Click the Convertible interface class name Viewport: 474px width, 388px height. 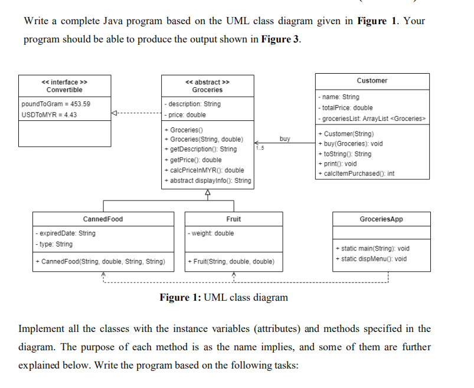[64, 90]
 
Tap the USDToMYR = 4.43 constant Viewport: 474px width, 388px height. [48, 114]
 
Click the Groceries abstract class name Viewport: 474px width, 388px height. [207, 90]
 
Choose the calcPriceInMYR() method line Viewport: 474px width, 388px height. [204, 170]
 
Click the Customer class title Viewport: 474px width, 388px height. [372, 80]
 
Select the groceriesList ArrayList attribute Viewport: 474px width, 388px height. [372, 119]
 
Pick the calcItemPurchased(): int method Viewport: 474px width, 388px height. [355, 173]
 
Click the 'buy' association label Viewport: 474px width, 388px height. [285, 139]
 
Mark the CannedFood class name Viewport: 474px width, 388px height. [103, 219]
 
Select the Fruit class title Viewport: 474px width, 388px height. [233, 219]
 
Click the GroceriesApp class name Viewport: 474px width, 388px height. [381, 219]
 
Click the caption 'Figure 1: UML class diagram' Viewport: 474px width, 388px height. [224, 297]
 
